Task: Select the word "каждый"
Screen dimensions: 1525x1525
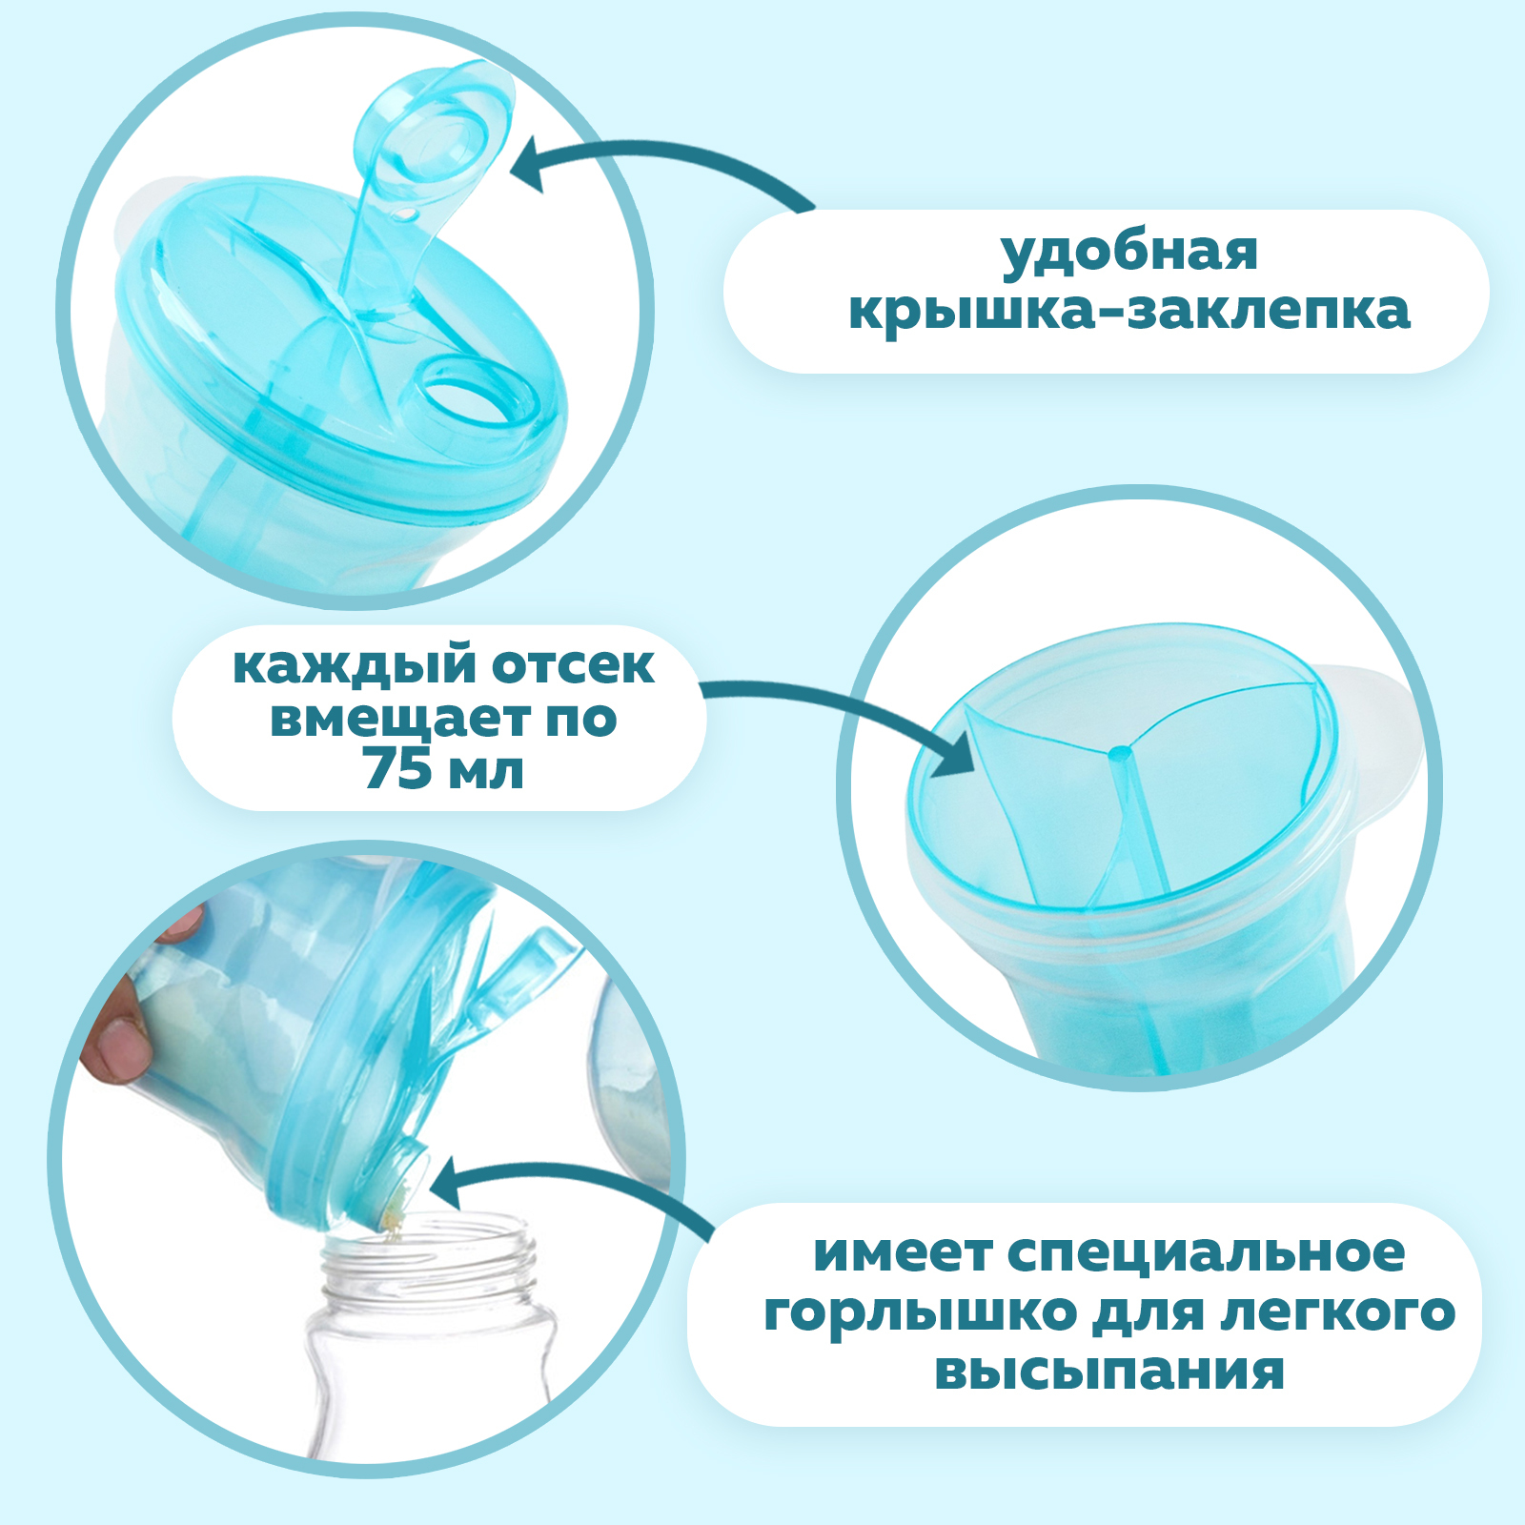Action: [x=352, y=667]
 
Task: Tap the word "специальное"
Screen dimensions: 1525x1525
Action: [x=1206, y=1253]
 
